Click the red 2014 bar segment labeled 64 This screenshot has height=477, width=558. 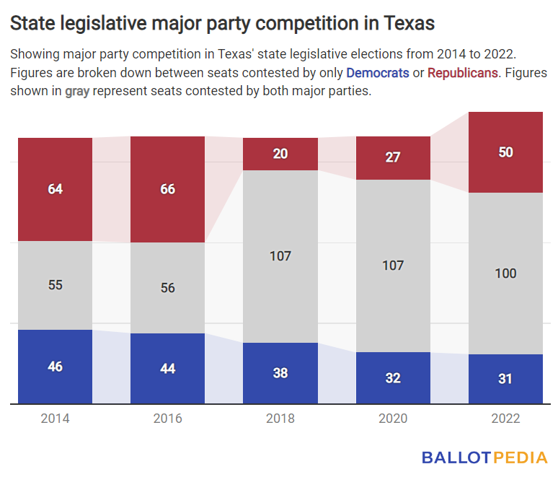pyautogui.click(x=56, y=189)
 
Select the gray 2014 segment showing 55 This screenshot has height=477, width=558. pyautogui.click(x=56, y=285)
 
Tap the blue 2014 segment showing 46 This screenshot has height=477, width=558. pyautogui.click(x=56, y=367)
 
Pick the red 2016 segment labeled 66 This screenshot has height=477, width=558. pyautogui.click(x=167, y=189)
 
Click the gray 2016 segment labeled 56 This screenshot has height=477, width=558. pyautogui.click(x=167, y=288)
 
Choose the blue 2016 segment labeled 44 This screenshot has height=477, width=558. pyautogui.click(x=167, y=369)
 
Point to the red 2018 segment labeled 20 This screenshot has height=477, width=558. pyautogui.click(x=280, y=154)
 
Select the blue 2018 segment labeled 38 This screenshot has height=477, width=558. pyautogui.click(x=280, y=373)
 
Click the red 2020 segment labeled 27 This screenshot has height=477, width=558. pyautogui.click(x=393, y=157)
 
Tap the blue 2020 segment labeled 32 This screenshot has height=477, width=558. pyautogui.click(x=393, y=377)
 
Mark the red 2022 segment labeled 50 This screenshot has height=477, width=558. pyautogui.click(x=505, y=152)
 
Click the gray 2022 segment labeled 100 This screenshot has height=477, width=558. pyautogui.click(x=505, y=273)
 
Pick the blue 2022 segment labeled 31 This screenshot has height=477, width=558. pyautogui.click(x=505, y=379)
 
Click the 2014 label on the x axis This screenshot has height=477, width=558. pyautogui.click(x=56, y=419)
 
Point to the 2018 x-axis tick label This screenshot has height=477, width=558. pyautogui.click(x=280, y=419)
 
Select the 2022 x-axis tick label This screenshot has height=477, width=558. pyautogui.click(x=505, y=419)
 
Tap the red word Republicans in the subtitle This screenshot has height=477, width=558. pyautogui.click(x=462, y=74)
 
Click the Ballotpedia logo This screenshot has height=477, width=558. pyautogui.click(x=484, y=457)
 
